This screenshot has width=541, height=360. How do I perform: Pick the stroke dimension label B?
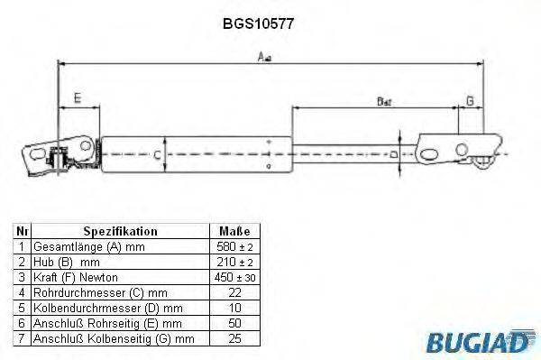[x=383, y=101]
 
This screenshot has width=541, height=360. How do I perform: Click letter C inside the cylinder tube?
[x=157, y=154]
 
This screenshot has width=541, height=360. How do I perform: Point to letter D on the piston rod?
[x=394, y=155]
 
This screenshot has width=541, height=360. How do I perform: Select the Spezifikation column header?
[x=120, y=231]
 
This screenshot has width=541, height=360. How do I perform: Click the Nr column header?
[x=21, y=231]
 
